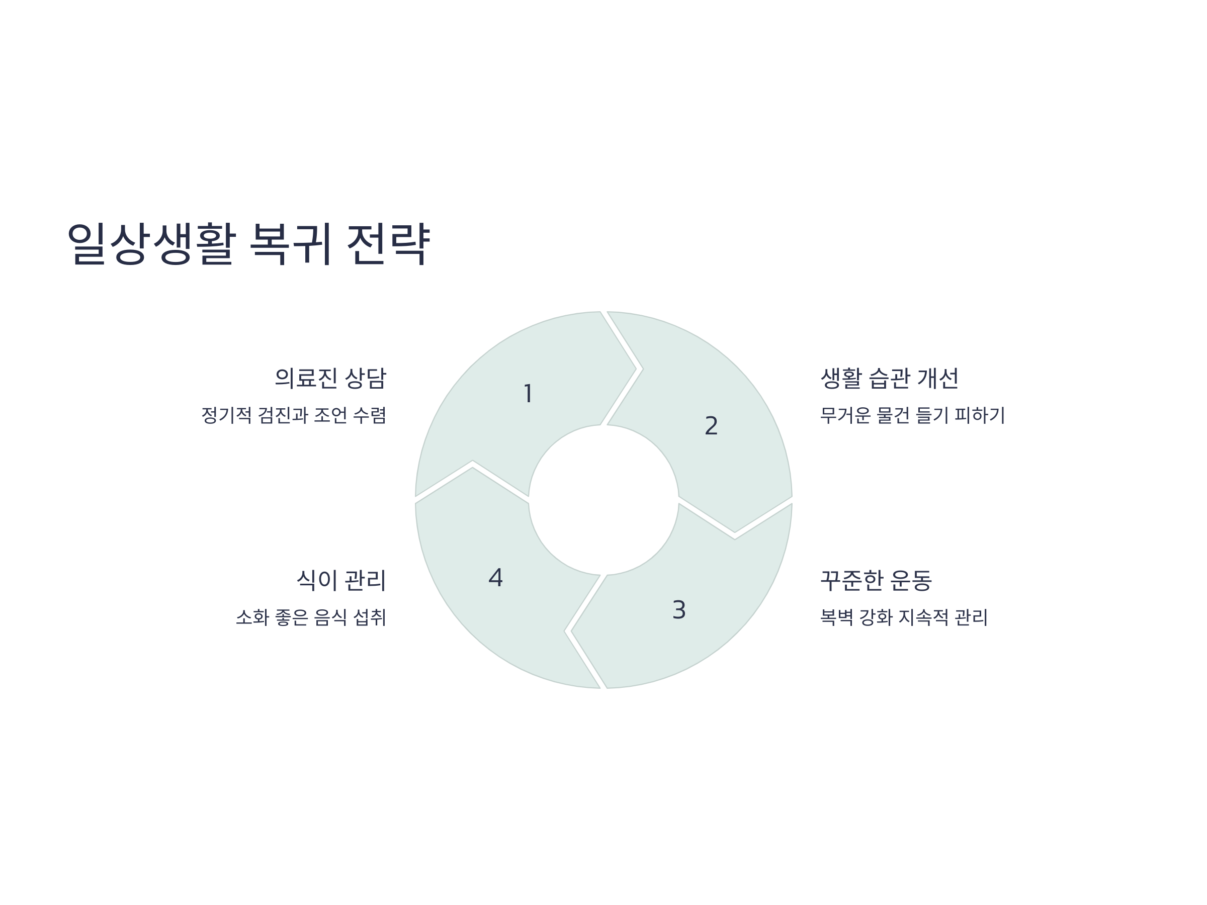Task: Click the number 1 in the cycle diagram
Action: tap(528, 393)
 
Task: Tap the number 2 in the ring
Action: tap(711, 425)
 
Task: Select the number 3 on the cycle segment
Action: tap(679, 609)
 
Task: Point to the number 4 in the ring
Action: tap(495, 577)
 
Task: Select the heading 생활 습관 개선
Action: tap(890, 378)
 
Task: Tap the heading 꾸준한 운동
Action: tap(876, 580)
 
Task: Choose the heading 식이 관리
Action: tap(341, 580)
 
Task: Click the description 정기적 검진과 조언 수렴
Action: tap(294, 415)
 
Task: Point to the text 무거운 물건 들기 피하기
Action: tap(912, 415)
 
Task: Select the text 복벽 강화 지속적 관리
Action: tap(904, 617)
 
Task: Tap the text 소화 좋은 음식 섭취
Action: tap(311, 617)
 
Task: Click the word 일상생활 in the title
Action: tap(152, 243)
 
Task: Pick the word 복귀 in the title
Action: tap(291, 243)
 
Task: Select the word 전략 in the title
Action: tap(389, 243)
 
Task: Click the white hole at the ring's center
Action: tap(603, 500)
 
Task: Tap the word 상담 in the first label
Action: tap(366, 378)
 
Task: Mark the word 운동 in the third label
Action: tap(911, 580)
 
